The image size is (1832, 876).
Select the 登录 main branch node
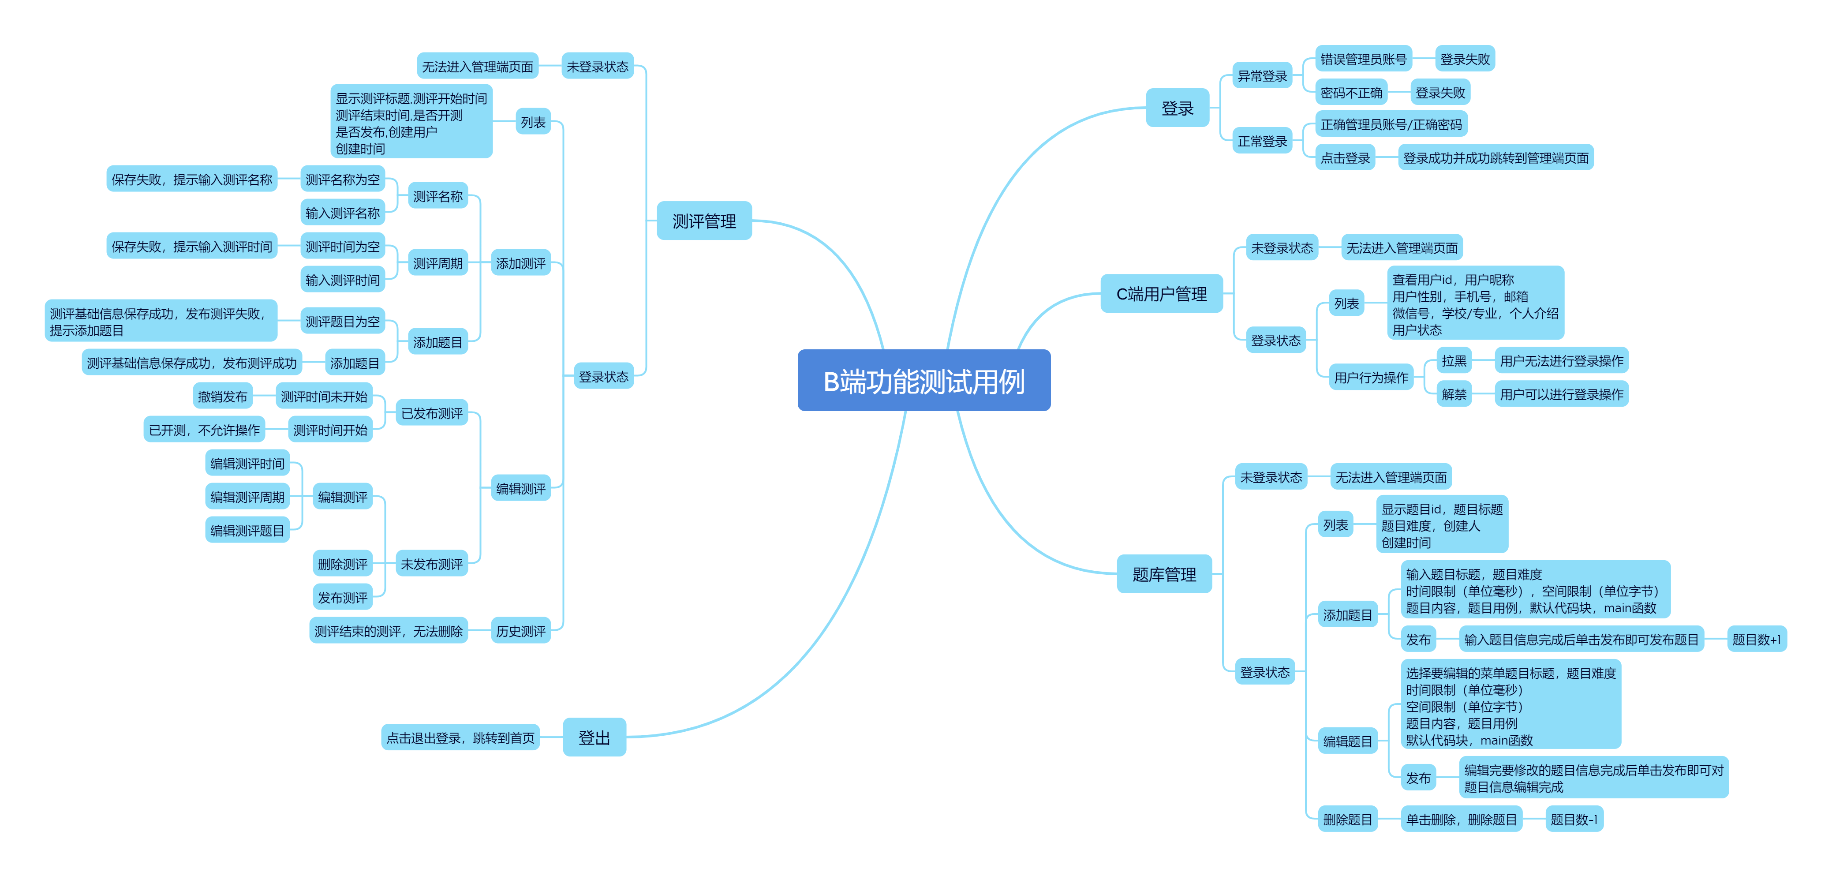(1177, 108)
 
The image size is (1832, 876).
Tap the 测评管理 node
(703, 221)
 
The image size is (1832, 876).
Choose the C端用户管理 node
(1161, 294)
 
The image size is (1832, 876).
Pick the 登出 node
(594, 737)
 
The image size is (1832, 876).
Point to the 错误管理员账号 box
(1363, 59)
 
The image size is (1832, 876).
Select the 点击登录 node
(1344, 158)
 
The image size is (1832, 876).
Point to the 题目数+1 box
(1756, 639)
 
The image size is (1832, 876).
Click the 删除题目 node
(1347, 819)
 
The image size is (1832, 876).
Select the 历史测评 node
(520, 631)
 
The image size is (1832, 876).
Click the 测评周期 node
(437, 263)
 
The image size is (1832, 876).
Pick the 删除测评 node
(342, 564)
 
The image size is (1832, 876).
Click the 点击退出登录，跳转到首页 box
(460, 737)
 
